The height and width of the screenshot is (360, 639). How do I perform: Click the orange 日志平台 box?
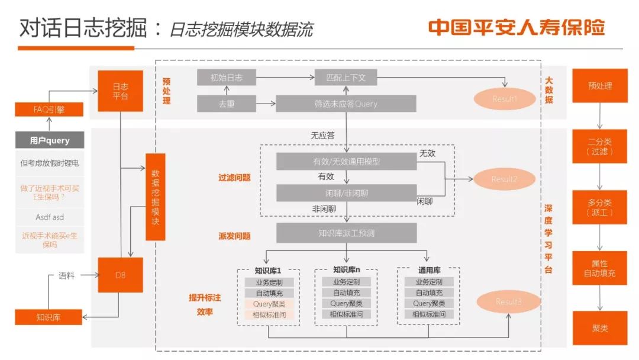pos(120,91)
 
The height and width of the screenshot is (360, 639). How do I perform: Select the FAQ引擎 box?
pos(49,109)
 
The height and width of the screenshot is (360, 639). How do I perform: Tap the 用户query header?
pos(50,140)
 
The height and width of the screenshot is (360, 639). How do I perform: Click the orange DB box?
pos(120,275)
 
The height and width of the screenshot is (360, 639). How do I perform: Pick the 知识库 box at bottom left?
pos(49,317)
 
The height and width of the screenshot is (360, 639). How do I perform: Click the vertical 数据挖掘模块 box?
pos(155,197)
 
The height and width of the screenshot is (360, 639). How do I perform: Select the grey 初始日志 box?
pos(226,78)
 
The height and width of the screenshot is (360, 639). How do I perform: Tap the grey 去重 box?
pos(226,104)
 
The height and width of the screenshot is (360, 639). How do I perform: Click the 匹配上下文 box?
pos(346,78)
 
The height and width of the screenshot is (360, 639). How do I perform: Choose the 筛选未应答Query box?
pos(346,104)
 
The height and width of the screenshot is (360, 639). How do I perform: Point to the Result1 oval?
pos(504,99)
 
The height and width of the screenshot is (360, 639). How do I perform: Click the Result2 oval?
pos(504,179)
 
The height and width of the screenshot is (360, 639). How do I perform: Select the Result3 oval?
pos(509,301)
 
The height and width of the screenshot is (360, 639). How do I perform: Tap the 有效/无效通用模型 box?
pos(346,162)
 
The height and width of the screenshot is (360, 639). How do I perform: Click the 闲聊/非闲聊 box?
pos(346,192)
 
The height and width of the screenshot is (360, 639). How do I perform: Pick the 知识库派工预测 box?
pos(346,233)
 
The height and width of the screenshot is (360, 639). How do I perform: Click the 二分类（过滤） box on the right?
pos(599,146)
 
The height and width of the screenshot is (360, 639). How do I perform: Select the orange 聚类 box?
pos(599,328)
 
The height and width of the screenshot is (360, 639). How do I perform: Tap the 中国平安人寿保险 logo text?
pos(517,28)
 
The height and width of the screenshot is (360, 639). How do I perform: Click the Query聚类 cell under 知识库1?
pos(269,304)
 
